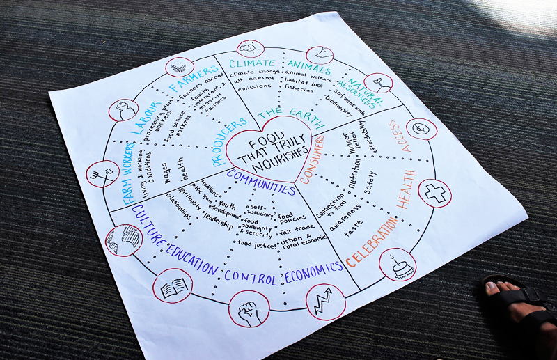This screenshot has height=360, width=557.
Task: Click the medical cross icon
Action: [x=437, y=192]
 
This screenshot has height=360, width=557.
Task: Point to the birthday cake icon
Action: [x=398, y=266]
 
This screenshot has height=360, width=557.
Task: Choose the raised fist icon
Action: [x=249, y=308]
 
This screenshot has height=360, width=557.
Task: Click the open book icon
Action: [x=172, y=286]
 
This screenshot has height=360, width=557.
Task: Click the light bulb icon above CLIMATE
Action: [x=249, y=49]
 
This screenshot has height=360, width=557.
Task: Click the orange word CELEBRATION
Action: [x=373, y=240]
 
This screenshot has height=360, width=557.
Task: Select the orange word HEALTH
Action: [x=406, y=188]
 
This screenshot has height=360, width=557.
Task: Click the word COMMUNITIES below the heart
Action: [x=262, y=188]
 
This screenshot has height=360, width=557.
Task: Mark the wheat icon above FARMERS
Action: [x=179, y=68]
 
